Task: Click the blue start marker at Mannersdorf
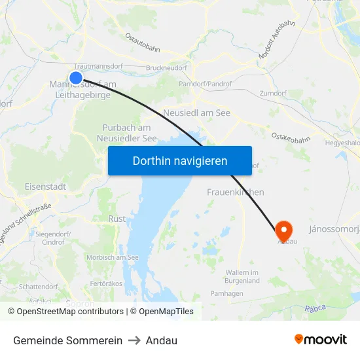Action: point(76,78)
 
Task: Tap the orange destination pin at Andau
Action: point(283,230)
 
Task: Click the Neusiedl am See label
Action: point(197,113)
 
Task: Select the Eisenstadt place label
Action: point(45,187)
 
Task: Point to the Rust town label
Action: point(117,219)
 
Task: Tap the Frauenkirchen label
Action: point(236,192)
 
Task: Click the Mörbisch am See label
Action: point(112,257)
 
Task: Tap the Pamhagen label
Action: point(226,293)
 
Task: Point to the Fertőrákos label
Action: point(106,283)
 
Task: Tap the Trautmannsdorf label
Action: point(98,67)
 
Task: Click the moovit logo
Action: point(320,340)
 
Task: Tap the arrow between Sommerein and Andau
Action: point(134,341)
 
